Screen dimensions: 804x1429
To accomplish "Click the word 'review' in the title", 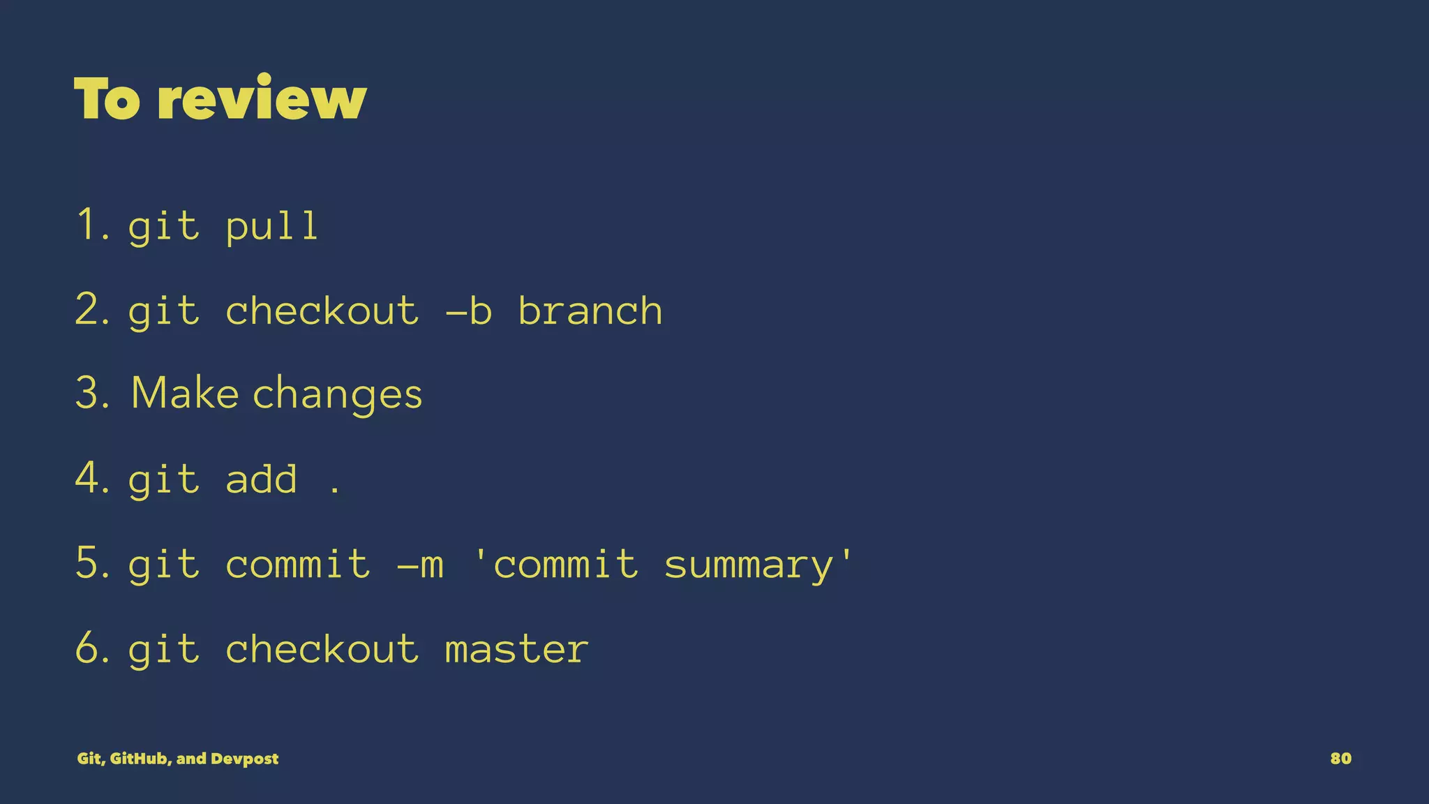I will [262, 99].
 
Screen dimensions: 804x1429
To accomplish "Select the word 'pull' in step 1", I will [272, 227].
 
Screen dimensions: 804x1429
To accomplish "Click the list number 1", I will [89, 225].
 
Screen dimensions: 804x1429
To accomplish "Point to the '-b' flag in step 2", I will [469, 311].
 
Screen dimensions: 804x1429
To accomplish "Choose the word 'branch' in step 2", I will [590, 311].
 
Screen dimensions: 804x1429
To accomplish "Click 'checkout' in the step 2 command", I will [322, 311].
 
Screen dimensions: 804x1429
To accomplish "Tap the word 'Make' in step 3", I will [185, 393].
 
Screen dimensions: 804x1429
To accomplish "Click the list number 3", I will [91, 393].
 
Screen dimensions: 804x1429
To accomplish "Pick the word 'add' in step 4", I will [261, 479].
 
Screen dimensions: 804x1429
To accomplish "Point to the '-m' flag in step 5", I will [420, 565].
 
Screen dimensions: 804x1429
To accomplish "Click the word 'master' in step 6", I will [516, 649].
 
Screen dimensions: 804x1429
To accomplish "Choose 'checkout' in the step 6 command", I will [322, 649].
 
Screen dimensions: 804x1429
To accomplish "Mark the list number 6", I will [91, 648].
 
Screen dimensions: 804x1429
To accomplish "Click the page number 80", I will [1340, 759].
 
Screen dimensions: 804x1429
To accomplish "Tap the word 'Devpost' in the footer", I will [244, 759].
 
